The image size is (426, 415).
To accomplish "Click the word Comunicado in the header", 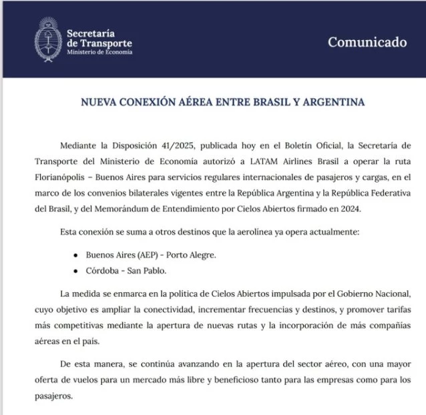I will coord(367,43).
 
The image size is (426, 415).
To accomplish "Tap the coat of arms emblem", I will coord(47,40).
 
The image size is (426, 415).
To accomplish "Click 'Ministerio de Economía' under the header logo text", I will coord(99,52).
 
